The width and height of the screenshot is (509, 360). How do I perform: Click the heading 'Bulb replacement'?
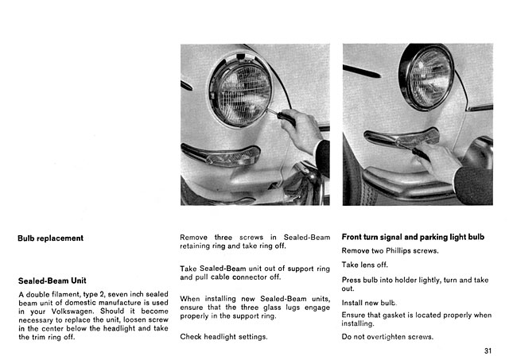(50, 238)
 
